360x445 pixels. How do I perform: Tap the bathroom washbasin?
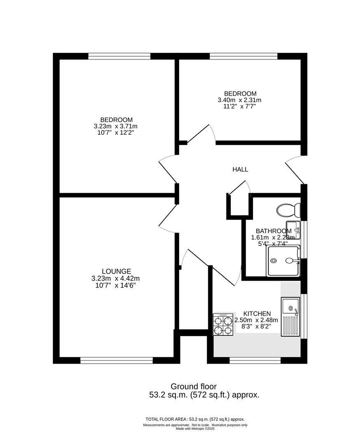pyautogui.click(x=293, y=230)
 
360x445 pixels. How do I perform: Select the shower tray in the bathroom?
pyautogui.click(x=283, y=261)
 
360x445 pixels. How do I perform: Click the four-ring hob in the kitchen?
pyautogui.click(x=223, y=325)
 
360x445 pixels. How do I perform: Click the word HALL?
pyautogui.click(x=240, y=169)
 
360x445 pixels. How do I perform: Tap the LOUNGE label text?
pyautogui.click(x=117, y=271)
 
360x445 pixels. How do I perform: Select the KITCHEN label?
pyautogui.click(x=257, y=314)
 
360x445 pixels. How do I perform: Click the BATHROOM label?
pyautogui.click(x=274, y=231)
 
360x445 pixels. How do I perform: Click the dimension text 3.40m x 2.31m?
pyautogui.click(x=239, y=100)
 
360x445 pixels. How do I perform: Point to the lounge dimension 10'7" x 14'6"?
pyautogui.click(x=117, y=285)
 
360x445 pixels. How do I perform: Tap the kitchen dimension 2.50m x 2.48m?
pyautogui.click(x=256, y=320)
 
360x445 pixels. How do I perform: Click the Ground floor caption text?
pyautogui.click(x=193, y=386)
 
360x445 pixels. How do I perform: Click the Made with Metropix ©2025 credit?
pyautogui.click(x=195, y=429)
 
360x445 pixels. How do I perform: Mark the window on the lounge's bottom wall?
pyautogui.click(x=117, y=361)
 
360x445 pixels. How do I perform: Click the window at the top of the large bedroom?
pyautogui.click(x=119, y=56)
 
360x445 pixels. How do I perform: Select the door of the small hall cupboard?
pyautogui.click(x=239, y=187)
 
